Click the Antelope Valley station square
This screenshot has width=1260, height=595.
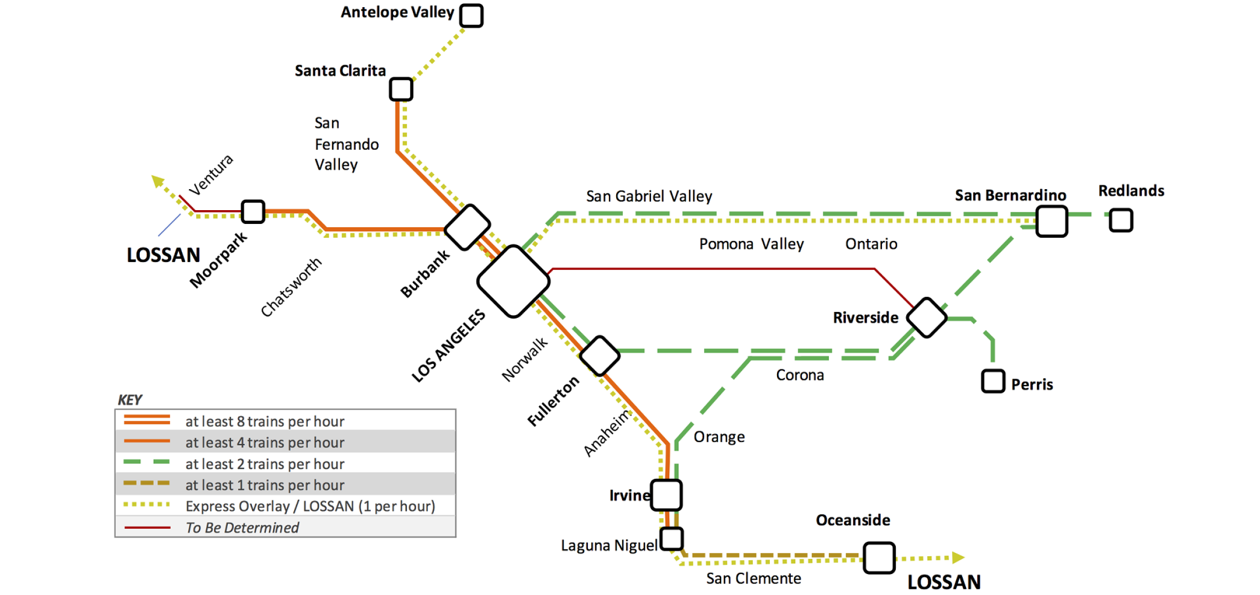click(x=471, y=15)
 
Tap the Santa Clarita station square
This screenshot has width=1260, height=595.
click(x=401, y=89)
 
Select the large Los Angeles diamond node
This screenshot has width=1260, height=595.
click(x=513, y=281)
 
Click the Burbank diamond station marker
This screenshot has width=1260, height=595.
click(x=468, y=227)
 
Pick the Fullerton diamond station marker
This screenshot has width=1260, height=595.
click(x=600, y=356)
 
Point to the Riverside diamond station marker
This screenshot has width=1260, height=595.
click(x=927, y=317)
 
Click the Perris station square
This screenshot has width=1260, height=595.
click(x=993, y=381)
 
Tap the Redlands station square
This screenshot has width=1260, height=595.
click(x=1121, y=220)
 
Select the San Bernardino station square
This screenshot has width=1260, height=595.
click(x=1051, y=221)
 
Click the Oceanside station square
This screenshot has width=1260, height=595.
click(x=879, y=557)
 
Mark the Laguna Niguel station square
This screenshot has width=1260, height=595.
click(x=672, y=538)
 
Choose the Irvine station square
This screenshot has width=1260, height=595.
click(x=666, y=495)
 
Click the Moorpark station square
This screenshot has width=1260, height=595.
click(x=253, y=211)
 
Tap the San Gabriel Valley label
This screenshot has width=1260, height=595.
click(x=649, y=196)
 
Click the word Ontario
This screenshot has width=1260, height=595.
click(x=871, y=244)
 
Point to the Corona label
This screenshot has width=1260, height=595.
click(x=800, y=375)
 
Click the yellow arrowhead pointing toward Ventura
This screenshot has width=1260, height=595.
click(x=158, y=181)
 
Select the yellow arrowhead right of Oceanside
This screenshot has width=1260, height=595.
click(x=958, y=557)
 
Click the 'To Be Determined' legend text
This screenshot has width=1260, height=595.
click(x=242, y=528)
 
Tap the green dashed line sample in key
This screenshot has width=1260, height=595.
click(x=147, y=462)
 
